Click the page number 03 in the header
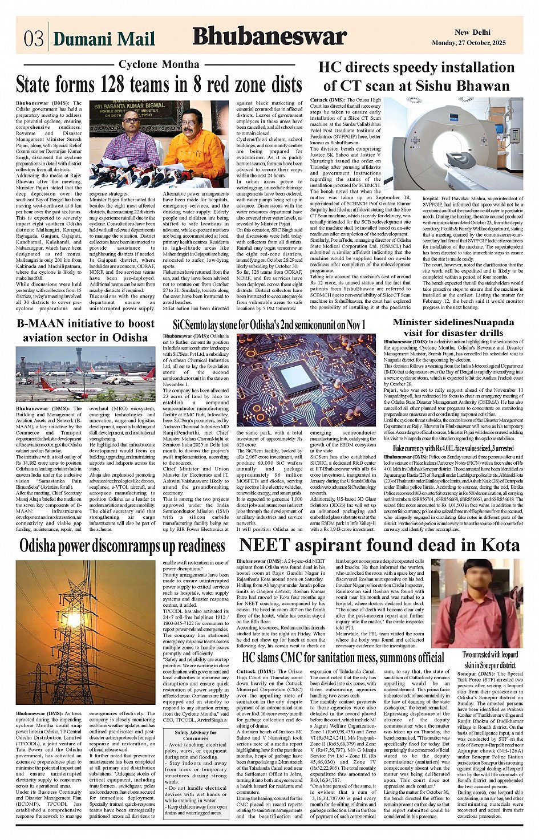(34, 39)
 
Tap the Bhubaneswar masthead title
(269, 36)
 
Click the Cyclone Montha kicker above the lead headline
(159, 64)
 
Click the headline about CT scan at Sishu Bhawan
(416, 77)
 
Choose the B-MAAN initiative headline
(85, 330)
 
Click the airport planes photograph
(85, 374)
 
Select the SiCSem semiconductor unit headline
(269, 325)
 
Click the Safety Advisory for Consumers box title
(195, 736)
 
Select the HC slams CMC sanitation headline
(343, 658)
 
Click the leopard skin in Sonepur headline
(490, 660)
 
